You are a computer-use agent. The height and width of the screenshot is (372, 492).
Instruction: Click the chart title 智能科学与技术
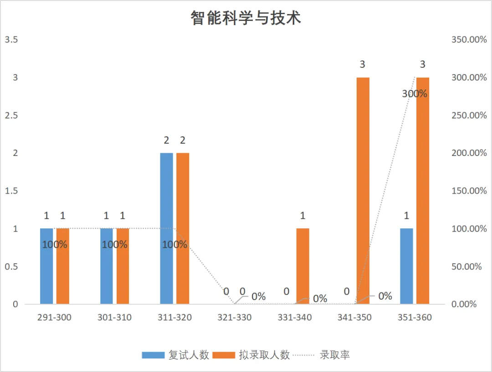tap(246, 18)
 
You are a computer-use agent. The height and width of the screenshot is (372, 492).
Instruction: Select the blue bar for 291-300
tap(46, 266)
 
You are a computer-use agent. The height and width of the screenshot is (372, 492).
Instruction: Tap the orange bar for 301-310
tap(123, 266)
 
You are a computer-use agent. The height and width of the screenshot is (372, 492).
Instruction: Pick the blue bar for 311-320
tap(167, 228)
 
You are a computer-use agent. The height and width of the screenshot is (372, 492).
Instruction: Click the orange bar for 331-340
tap(303, 266)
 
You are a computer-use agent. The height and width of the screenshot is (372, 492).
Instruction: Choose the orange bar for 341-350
tap(363, 191)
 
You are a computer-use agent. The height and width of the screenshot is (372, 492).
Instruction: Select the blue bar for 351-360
tap(407, 266)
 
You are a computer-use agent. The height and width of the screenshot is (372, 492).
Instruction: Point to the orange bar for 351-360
tap(423, 191)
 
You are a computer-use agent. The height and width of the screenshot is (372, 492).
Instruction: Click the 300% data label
tap(415, 94)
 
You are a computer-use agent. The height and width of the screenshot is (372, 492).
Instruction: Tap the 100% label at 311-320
tap(174, 245)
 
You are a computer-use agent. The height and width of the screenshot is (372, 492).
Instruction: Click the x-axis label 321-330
tap(235, 317)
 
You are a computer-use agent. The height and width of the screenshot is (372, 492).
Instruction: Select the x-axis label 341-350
tap(354, 317)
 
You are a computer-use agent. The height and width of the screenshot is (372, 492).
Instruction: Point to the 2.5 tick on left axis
tap(11, 116)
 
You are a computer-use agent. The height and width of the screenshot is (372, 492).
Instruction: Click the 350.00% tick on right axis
tap(469, 40)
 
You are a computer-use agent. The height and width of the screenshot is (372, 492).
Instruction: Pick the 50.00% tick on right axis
tap(466, 266)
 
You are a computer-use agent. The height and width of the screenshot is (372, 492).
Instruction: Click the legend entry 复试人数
tap(175, 355)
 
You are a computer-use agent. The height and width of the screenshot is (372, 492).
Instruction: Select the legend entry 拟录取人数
tap(251, 355)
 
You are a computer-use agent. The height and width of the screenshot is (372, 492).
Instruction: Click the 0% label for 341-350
tap(385, 296)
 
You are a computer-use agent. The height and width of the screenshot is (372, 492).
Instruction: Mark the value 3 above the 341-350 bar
tap(363, 64)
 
